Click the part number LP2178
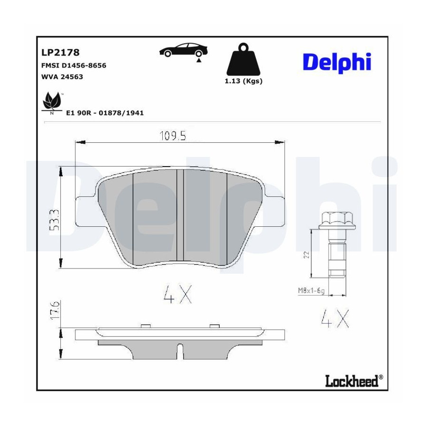[60, 52]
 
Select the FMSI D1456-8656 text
[74, 65]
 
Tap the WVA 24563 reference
[62, 77]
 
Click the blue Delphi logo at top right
[337, 63]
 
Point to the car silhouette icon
[184, 50]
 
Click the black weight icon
[243, 59]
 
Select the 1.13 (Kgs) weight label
[243, 81]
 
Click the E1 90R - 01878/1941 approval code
[105, 113]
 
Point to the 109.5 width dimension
[173, 136]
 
